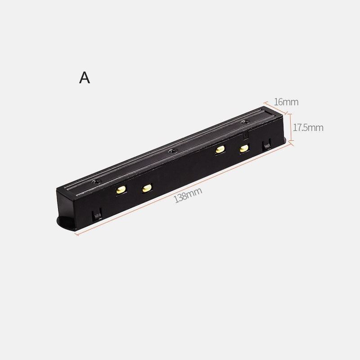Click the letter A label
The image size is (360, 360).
(x=85, y=77)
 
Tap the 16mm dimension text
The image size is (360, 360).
(x=286, y=102)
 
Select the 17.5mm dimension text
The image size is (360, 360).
(x=308, y=127)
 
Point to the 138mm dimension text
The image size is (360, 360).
(x=188, y=195)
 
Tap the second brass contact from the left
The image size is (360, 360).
(x=147, y=189)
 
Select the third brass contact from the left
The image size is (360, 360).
(x=220, y=149)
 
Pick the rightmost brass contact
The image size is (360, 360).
(x=243, y=148)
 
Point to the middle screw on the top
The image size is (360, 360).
(x=171, y=151)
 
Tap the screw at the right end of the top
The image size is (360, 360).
(x=244, y=121)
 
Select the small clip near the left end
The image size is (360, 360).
(x=96, y=216)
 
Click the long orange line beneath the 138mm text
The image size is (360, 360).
(x=184, y=189)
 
